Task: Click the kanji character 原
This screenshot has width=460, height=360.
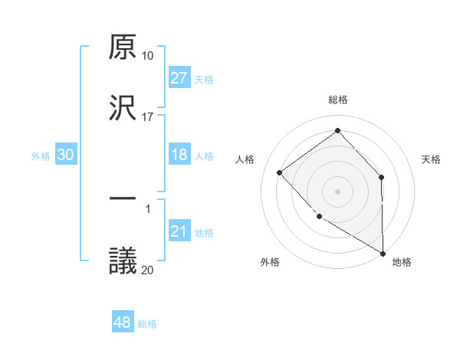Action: coord(123,48)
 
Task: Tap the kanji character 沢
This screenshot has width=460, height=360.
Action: coord(123,108)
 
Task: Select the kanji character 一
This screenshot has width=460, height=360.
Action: coord(123,199)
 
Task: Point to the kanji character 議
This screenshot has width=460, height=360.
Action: coord(123,260)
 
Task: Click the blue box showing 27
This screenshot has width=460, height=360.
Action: coord(179,78)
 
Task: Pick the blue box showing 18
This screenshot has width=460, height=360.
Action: coord(179,155)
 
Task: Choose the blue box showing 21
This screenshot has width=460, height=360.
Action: coord(179,231)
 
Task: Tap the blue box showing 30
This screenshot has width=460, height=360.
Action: coord(66,155)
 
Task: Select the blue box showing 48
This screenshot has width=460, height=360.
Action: coord(123,322)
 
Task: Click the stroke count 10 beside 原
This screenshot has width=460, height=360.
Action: coord(148,56)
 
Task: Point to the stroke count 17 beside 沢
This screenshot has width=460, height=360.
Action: coord(148,116)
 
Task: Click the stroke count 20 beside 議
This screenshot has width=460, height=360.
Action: coord(148,270)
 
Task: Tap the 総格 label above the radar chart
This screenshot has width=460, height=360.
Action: coord(338,100)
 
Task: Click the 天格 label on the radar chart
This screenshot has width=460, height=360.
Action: coord(432,159)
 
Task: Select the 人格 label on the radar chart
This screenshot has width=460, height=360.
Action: coord(245,159)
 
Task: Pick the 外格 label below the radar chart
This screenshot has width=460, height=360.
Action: coord(270,263)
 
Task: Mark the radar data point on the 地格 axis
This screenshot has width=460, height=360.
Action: coord(383,253)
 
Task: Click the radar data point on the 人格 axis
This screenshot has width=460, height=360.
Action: coord(280,172)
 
